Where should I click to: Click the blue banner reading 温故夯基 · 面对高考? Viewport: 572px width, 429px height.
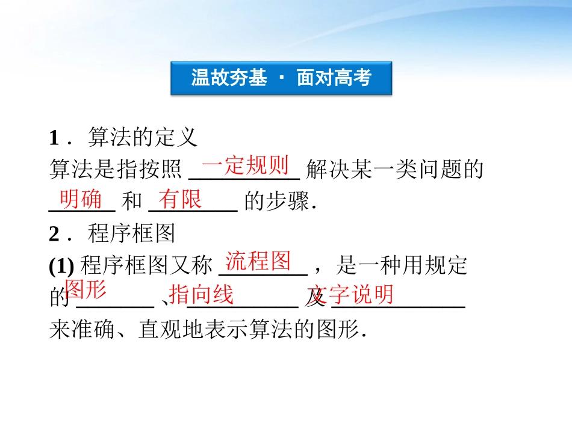(x=281, y=78)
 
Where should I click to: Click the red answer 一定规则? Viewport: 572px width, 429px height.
(x=245, y=165)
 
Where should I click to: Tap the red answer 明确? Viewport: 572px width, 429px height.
(x=81, y=199)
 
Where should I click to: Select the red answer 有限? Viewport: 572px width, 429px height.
(x=180, y=199)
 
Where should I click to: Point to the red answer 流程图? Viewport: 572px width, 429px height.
(x=258, y=261)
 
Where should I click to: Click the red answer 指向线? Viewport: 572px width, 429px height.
(x=201, y=295)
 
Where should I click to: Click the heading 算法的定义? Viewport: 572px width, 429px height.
(x=143, y=138)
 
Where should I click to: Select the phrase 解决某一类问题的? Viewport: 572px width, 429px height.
(x=395, y=170)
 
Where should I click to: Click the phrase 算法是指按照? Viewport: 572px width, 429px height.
(x=115, y=170)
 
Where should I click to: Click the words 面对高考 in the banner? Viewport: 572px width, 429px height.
(x=334, y=78)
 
